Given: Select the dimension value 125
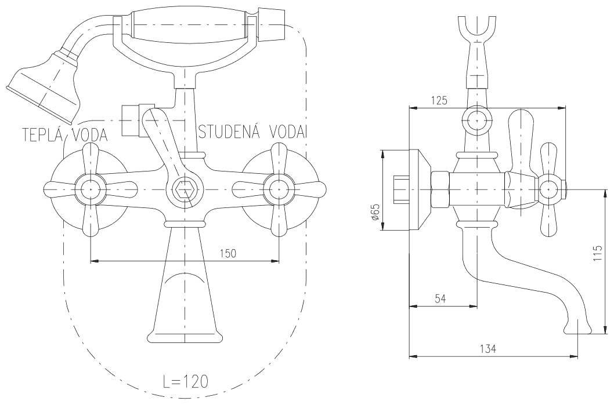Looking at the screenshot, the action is click(x=439, y=100).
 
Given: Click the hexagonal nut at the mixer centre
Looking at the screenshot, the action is click(x=184, y=188).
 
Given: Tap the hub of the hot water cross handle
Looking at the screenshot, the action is click(x=91, y=189).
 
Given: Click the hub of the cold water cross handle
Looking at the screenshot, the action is click(x=279, y=189).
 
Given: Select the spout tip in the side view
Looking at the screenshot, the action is click(x=578, y=329).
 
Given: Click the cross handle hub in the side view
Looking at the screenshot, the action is click(x=550, y=189).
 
